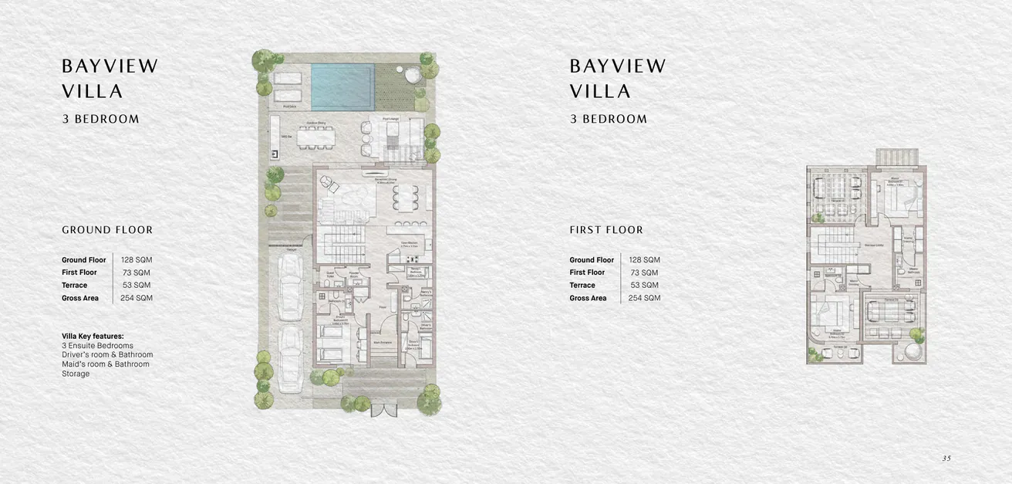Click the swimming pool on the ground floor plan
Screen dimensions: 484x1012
tap(342, 86)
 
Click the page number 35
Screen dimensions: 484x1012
tap(946, 459)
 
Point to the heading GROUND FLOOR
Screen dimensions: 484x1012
tap(107, 230)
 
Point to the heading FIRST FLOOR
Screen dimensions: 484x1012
tap(606, 230)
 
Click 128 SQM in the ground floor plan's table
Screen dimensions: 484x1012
tap(136, 260)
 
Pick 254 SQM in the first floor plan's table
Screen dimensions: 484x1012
tap(644, 298)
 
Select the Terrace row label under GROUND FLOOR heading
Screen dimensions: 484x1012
tap(75, 286)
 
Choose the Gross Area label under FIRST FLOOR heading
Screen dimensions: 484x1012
tap(589, 298)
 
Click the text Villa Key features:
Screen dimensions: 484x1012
tap(93, 337)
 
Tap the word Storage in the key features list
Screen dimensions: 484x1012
tap(76, 374)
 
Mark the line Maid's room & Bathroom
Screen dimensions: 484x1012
tap(106, 364)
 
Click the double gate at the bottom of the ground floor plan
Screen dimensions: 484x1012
tap(383, 410)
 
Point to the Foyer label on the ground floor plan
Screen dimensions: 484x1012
tap(381, 306)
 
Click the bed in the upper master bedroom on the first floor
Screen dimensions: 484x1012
tap(902, 199)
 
